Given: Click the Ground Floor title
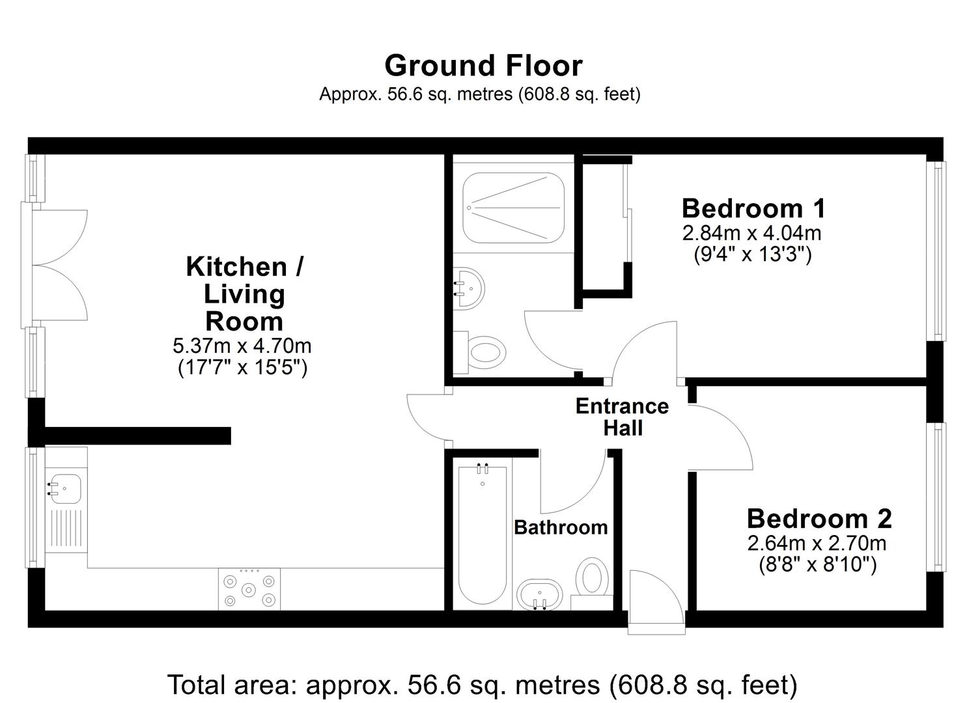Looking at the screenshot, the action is pyautogui.click(x=483, y=66).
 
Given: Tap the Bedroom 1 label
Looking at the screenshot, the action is pyautogui.click(x=754, y=208).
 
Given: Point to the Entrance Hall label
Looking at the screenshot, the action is pyautogui.click(x=623, y=417).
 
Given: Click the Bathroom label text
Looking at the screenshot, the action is pyautogui.click(x=561, y=527).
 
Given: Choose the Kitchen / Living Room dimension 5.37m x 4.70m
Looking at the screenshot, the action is pyautogui.click(x=242, y=346).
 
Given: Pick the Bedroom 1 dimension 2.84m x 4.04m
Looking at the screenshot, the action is pyautogui.click(x=751, y=234).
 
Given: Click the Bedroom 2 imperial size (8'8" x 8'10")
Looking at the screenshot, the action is pyautogui.click(x=818, y=564).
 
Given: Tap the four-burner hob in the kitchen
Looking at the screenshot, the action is pyautogui.click(x=249, y=589).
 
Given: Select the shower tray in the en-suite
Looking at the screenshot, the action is pyautogui.click(x=513, y=208).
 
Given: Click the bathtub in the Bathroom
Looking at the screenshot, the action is pyautogui.click(x=483, y=534).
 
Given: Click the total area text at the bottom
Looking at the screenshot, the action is pyautogui.click(x=483, y=685).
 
